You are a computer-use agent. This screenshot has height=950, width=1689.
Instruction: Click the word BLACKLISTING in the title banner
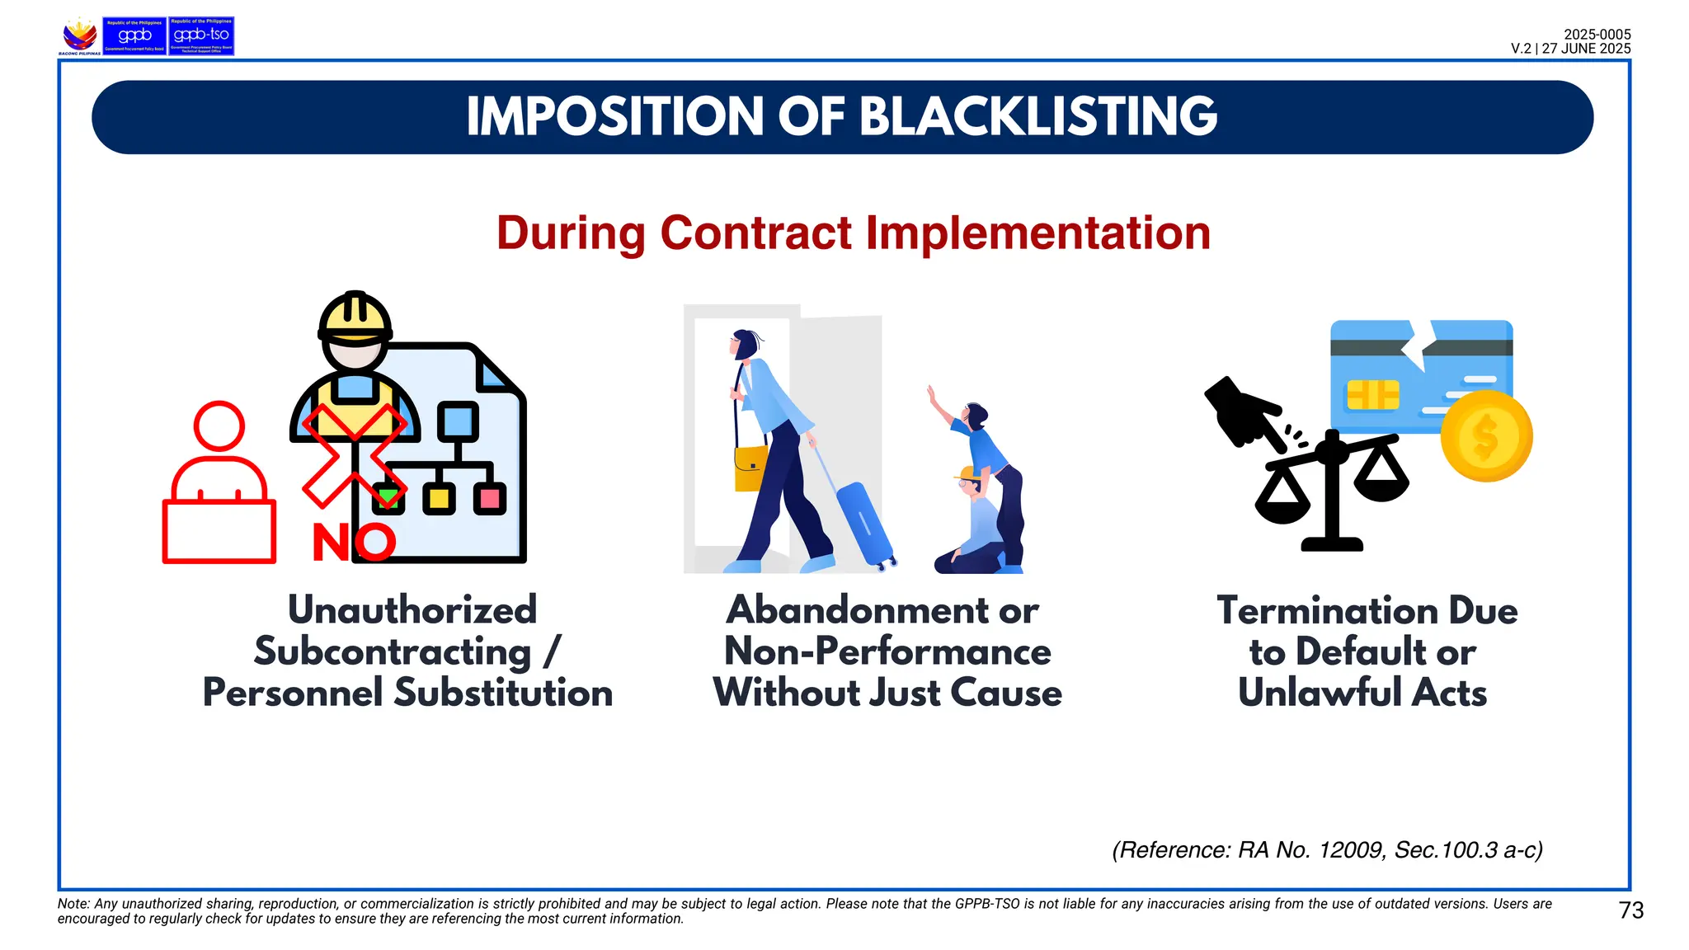[1038, 116]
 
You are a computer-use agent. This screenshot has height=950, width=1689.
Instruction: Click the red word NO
[354, 543]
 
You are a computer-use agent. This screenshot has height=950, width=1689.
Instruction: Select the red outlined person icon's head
[219, 426]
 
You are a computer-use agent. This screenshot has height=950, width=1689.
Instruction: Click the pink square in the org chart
[490, 498]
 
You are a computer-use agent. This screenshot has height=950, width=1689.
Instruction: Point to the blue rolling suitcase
[863, 524]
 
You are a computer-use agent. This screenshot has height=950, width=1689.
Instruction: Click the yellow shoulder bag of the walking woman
[750, 468]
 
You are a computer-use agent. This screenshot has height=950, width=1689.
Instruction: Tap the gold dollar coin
[1486, 436]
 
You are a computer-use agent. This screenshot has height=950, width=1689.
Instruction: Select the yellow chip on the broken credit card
[1372, 395]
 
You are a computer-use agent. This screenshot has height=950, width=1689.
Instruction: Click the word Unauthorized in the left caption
[412, 610]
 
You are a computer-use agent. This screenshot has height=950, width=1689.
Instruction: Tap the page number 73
[1630, 910]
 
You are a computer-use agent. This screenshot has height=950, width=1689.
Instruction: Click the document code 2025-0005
[1597, 35]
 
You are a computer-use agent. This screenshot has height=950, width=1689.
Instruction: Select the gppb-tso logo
[201, 36]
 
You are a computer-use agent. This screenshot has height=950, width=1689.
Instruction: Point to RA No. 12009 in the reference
[1310, 850]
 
